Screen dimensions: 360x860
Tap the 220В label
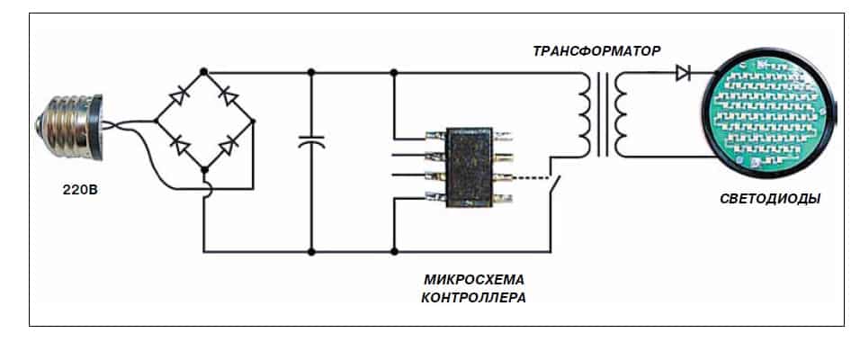[x=67, y=190]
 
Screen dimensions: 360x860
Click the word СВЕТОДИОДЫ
[x=771, y=199]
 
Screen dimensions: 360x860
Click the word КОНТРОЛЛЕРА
[x=472, y=296]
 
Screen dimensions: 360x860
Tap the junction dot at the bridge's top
[x=205, y=70]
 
